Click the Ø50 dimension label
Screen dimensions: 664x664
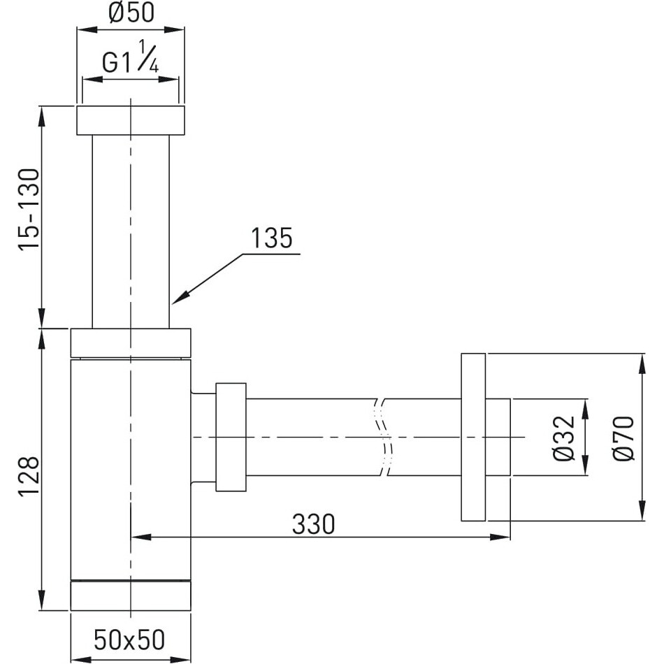click(x=131, y=13)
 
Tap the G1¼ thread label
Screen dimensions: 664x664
click(x=131, y=57)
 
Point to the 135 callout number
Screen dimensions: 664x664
click(x=271, y=238)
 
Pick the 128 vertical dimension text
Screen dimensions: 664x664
click(x=29, y=475)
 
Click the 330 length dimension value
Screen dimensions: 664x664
click(x=313, y=524)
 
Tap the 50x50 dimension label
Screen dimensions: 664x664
click(x=129, y=640)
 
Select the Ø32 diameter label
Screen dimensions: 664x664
click(x=565, y=438)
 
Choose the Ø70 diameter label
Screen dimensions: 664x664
click(x=623, y=438)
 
